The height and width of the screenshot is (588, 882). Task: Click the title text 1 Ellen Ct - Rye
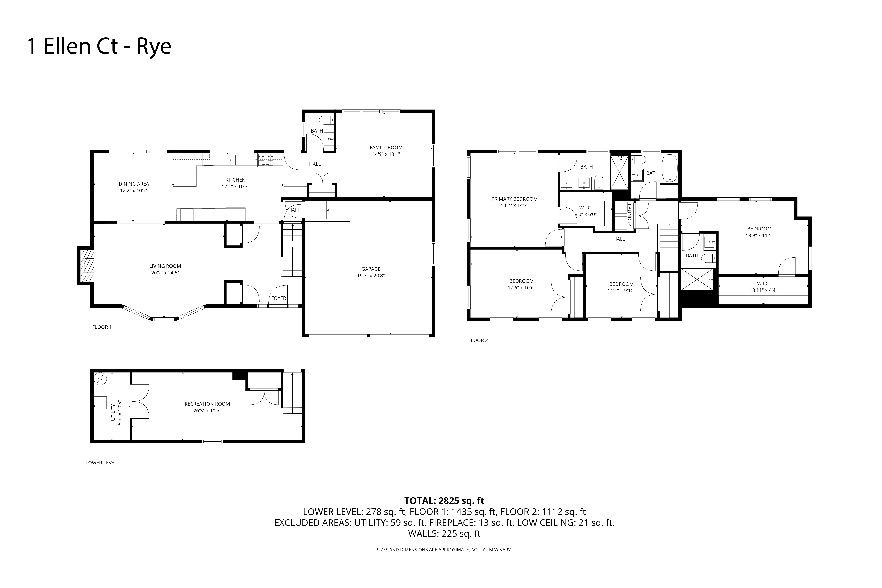coord(99,46)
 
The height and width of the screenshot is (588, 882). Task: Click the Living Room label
coord(165,266)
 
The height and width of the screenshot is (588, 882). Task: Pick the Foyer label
coord(279,298)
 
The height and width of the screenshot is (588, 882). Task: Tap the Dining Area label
coord(134,184)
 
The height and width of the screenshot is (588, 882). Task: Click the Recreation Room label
coord(207,404)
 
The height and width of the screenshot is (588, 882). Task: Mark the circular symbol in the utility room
coord(100,380)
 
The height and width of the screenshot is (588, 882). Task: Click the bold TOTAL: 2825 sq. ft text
coord(444,501)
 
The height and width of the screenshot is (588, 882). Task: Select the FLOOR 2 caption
coord(478,340)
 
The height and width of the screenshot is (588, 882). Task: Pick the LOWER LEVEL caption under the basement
coord(101,463)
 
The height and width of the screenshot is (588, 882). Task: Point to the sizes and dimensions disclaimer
coord(444,550)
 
